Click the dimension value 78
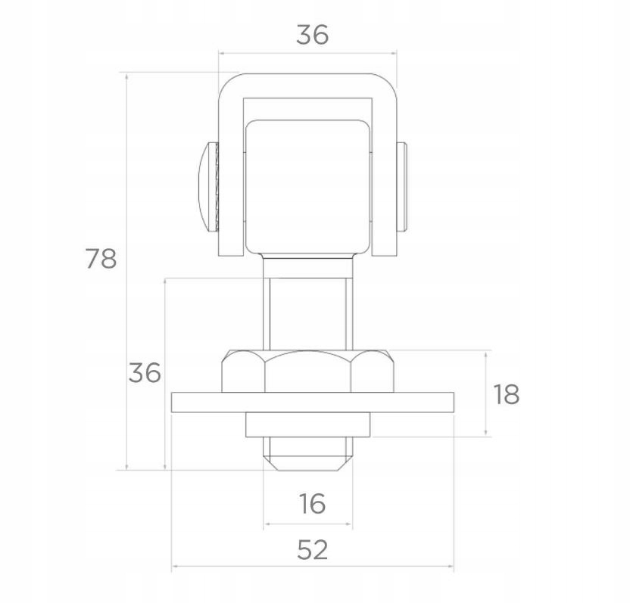pyautogui.click(x=101, y=258)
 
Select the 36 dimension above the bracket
pyautogui.click(x=312, y=35)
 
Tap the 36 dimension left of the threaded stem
pyautogui.click(x=145, y=372)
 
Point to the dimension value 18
pyautogui.click(x=507, y=394)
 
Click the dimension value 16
pyautogui.click(x=312, y=503)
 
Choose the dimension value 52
pyautogui.click(x=312, y=549)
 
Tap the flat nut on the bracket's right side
pyautogui.click(x=402, y=187)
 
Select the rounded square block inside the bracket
pyautogui.click(x=307, y=187)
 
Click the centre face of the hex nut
pyautogui.click(x=307, y=372)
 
